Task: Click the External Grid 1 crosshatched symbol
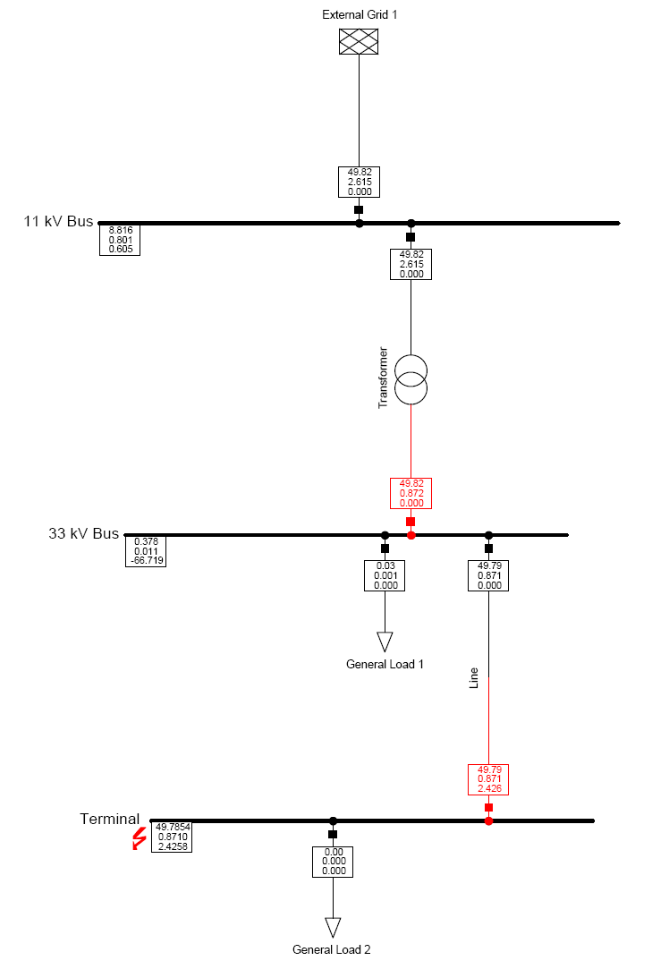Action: (359, 42)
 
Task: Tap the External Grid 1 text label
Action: (360, 15)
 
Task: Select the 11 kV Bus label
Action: (58, 221)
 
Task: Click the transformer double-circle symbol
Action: (411, 379)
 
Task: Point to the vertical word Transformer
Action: (383, 377)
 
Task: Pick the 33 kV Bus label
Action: (83, 533)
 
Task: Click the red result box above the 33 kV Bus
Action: (411, 493)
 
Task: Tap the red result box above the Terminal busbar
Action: (488, 778)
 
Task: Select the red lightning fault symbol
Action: (140, 838)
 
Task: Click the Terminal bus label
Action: (109, 819)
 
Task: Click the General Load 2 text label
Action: (332, 950)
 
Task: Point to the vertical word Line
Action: (474, 678)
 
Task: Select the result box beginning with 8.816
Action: (120, 240)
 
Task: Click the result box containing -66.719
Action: (146, 551)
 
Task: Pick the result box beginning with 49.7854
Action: (172, 837)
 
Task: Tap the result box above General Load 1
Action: (385, 575)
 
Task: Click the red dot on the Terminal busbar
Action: (488, 820)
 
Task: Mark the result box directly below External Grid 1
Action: (359, 182)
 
